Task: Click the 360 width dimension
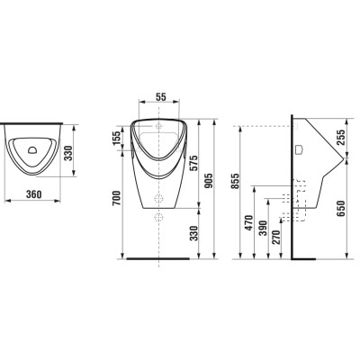33,194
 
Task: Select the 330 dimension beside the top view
68,153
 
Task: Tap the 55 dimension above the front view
161,97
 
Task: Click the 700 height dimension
117,198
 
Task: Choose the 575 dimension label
193,163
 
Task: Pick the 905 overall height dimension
209,181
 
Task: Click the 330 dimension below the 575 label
193,233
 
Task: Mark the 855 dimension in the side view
236,181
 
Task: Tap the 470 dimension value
249,222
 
